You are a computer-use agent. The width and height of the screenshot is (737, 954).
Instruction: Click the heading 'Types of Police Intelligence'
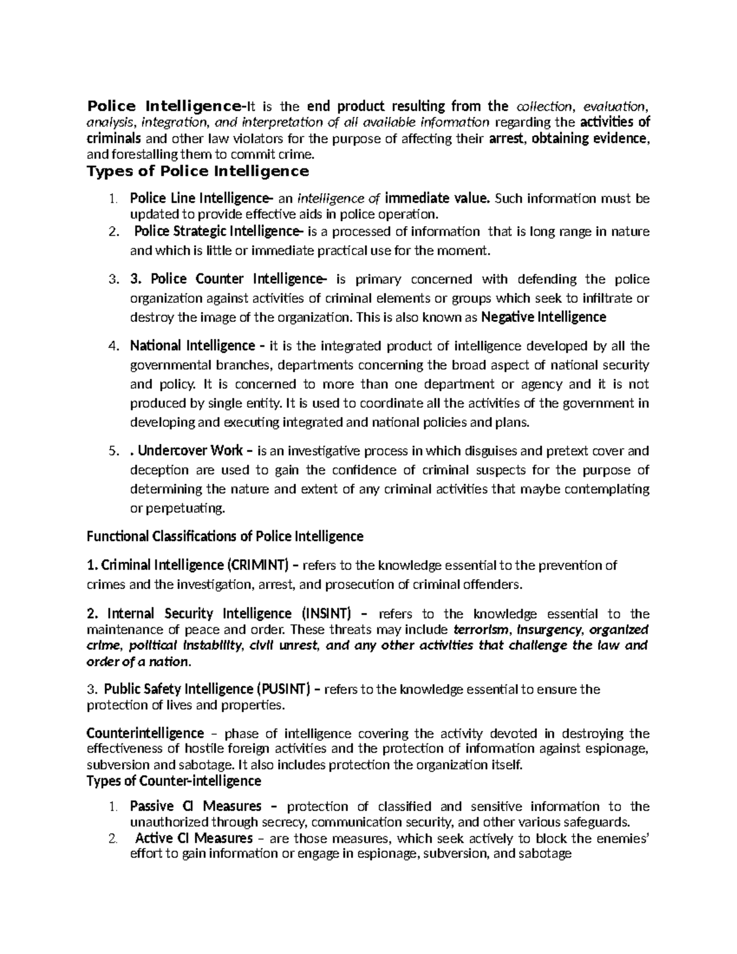[198, 171]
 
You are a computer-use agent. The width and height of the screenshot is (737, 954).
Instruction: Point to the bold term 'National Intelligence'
[192, 346]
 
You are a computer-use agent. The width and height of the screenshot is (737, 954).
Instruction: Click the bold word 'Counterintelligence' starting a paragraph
[146, 733]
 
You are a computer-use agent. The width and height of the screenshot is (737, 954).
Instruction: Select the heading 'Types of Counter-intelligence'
[174, 781]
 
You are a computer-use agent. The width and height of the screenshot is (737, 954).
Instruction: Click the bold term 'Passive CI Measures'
[195, 807]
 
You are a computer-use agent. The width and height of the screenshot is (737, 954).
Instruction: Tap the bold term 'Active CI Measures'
[193, 839]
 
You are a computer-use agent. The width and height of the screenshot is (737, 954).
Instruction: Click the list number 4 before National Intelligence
[112, 346]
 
